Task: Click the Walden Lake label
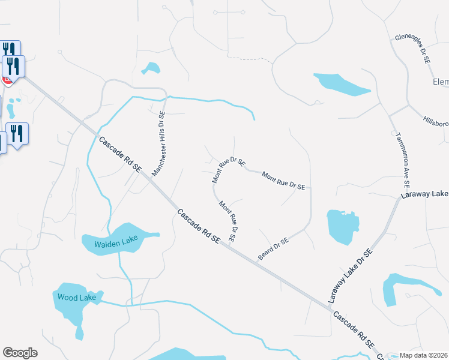[x=116, y=243]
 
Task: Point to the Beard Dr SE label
[x=273, y=248]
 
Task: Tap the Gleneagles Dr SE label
[x=413, y=49]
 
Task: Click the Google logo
[x=20, y=352]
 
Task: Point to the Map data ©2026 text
[x=424, y=355]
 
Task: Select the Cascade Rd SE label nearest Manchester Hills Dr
[x=120, y=155]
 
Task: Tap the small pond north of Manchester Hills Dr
[x=151, y=68]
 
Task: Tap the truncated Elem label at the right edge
[x=441, y=82]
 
